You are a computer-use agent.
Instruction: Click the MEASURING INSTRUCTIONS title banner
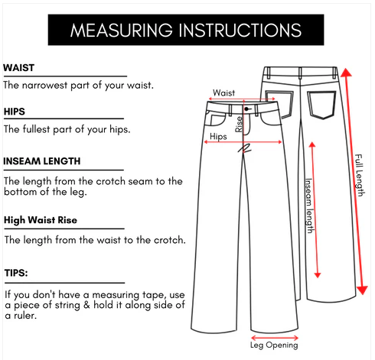pyautogui.click(x=186, y=30)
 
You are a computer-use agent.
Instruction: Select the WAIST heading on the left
pyautogui.click(x=18, y=68)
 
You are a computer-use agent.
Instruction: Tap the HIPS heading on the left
pyautogui.click(x=15, y=112)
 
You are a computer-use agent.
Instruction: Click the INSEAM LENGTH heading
pyautogui.click(x=42, y=161)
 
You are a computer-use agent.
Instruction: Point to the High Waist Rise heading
pyautogui.click(x=41, y=220)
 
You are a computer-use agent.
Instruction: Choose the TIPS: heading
pyautogui.click(x=16, y=273)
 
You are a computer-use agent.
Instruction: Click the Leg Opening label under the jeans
pyautogui.click(x=274, y=345)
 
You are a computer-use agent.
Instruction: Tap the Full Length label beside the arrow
pyautogui.click(x=360, y=175)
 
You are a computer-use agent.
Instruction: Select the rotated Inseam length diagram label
pyautogui.click(x=309, y=206)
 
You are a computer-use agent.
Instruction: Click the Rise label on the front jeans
pyautogui.click(x=239, y=124)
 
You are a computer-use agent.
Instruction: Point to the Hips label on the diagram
pyautogui.click(x=218, y=136)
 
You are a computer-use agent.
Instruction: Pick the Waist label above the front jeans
pyautogui.click(x=223, y=92)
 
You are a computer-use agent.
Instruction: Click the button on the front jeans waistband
pyautogui.click(x=246, y=109)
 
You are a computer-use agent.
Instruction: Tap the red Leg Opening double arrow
pyautogui.click(x=275, y=338)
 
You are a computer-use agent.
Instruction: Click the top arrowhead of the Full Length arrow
pyautogui.click(x=346, y=72)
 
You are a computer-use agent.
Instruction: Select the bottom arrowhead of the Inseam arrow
pyautogui.click(x=318, y=275)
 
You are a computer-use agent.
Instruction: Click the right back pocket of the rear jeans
pyautogui.click(x=321, y=105)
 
